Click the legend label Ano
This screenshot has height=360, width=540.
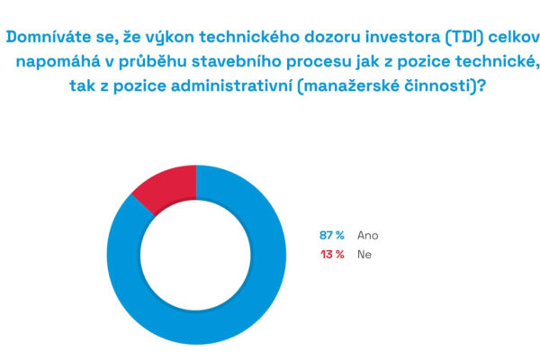368,235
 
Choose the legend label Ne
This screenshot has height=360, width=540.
364,255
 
